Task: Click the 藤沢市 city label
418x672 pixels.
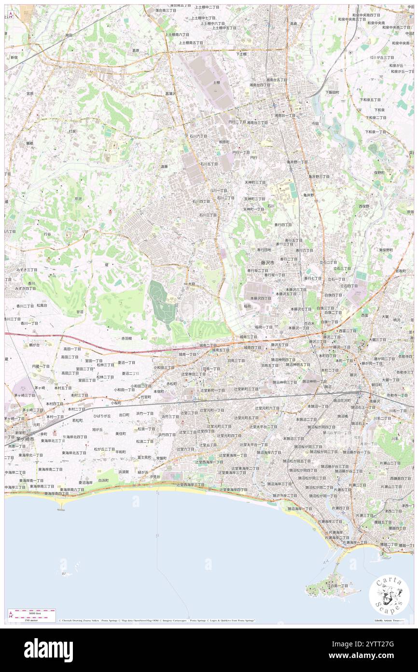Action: (x=267, y=262)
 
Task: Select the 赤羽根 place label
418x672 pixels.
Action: (x=126, y=338)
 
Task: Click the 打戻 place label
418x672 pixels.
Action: (x=72, y=131)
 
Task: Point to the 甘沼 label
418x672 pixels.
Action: (x=80, y=312)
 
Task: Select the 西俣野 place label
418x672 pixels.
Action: (x=363, y=206)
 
